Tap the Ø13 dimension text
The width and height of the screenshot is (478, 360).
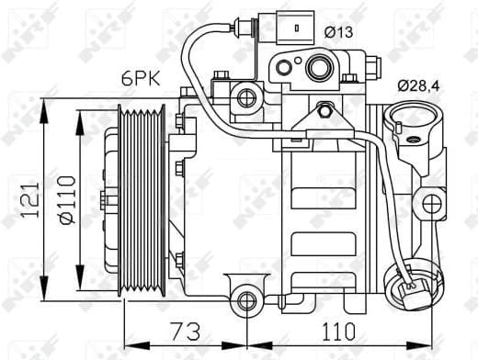click(x=339, y=33)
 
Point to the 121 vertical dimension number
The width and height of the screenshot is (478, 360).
click(x=29, y=203)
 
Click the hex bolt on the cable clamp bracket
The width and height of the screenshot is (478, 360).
click(x=324, y=112)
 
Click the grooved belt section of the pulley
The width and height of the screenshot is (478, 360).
click(x=145, y=200)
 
